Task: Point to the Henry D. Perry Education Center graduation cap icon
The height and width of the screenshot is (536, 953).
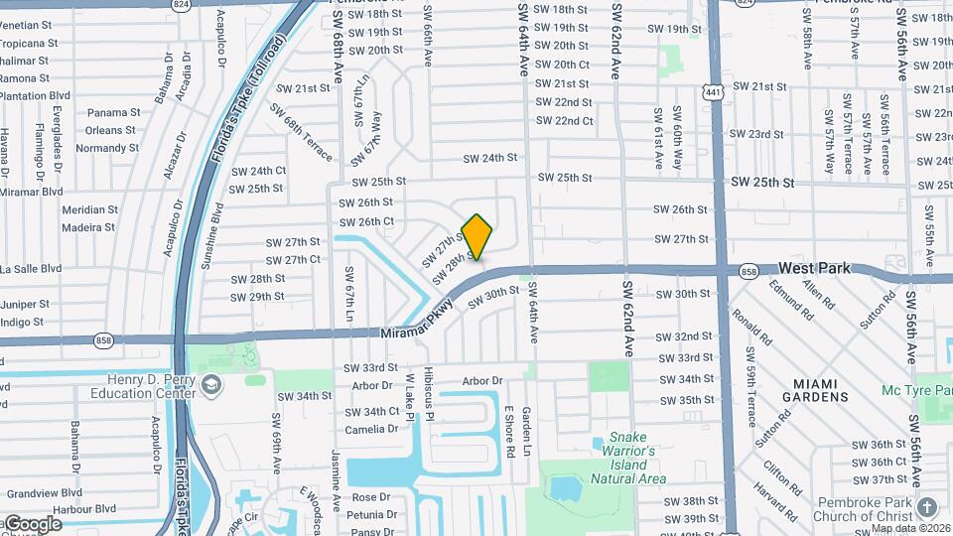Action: pos(210,384)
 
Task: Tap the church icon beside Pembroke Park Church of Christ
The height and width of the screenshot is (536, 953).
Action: pos(927,507)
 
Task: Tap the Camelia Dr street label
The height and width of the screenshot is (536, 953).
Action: pos(371,430)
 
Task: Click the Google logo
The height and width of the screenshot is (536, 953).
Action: pos(32,524)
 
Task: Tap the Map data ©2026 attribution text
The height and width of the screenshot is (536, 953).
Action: pos(911,528)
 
